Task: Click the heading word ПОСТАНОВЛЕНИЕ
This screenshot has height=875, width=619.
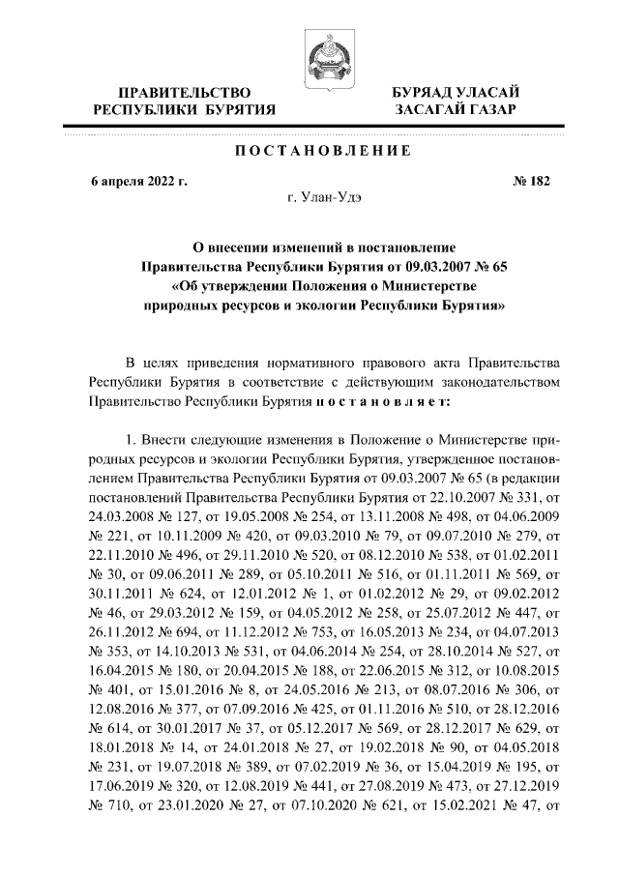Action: (x=324, y=151)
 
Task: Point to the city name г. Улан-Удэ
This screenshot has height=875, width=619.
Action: (x=324, y=197)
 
